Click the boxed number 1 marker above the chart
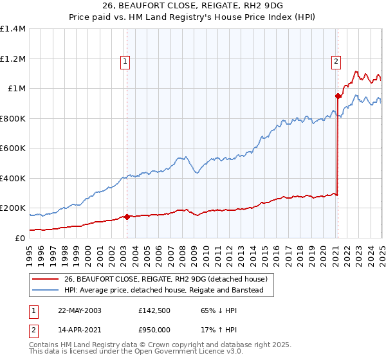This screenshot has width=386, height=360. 125,62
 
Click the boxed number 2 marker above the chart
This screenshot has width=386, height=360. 336,62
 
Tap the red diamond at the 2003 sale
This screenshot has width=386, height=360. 127,217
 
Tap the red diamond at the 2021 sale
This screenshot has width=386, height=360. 338,96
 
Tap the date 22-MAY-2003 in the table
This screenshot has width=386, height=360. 80,310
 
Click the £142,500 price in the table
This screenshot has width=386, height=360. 154,310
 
